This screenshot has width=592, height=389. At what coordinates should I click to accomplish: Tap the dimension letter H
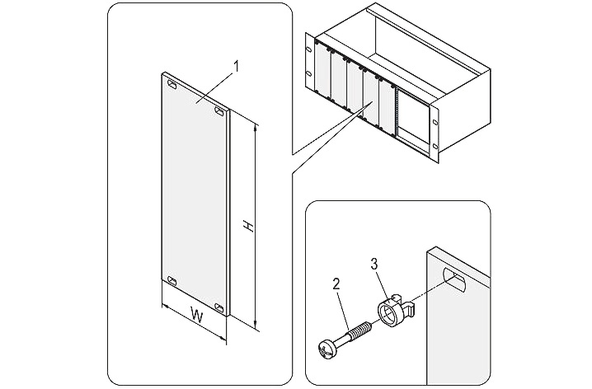tap(243, 224)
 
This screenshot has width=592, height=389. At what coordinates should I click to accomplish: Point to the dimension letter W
tap(196, 313)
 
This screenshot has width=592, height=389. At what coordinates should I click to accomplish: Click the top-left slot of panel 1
tap(171, 84)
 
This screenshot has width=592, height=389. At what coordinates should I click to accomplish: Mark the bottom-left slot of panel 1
tap(171, 280)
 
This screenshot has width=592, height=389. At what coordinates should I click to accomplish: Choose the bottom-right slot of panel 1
tap(219, 307)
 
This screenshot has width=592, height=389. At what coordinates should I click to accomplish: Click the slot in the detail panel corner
tap(455, 278)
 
